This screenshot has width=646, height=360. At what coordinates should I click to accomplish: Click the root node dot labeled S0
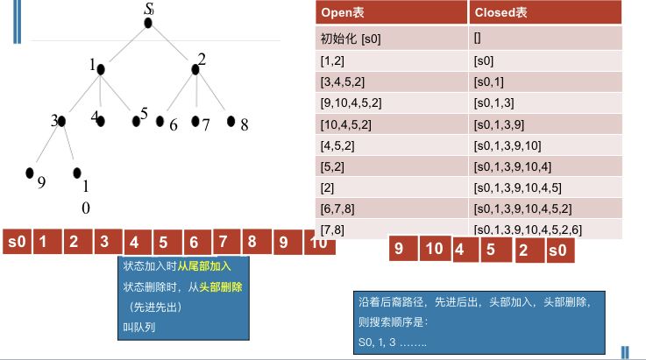tap(148, 23)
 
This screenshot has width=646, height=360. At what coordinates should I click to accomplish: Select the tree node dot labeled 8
tap(231, 121)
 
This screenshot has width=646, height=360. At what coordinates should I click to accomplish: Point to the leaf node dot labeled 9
tap(30, 173)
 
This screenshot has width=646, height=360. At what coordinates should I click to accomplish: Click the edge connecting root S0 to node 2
tap(173, 44)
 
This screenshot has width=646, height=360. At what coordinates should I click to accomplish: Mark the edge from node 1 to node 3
tap(80, 95)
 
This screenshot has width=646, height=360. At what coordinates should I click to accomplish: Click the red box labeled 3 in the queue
tap(104, 241)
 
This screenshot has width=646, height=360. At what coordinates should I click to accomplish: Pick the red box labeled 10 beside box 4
tap(434, 249)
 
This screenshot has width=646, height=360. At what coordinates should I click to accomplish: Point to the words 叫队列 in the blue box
tap(137, 328)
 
